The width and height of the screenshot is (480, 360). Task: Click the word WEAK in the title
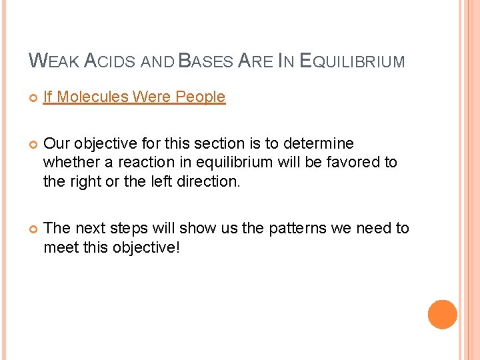point(55,61)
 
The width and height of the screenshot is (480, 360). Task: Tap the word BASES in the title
point(205,61)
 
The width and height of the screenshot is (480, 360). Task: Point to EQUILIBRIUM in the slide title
point(353,61)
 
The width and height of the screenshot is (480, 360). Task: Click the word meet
point(60,247)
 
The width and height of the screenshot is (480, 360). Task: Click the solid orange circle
point(443,315)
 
